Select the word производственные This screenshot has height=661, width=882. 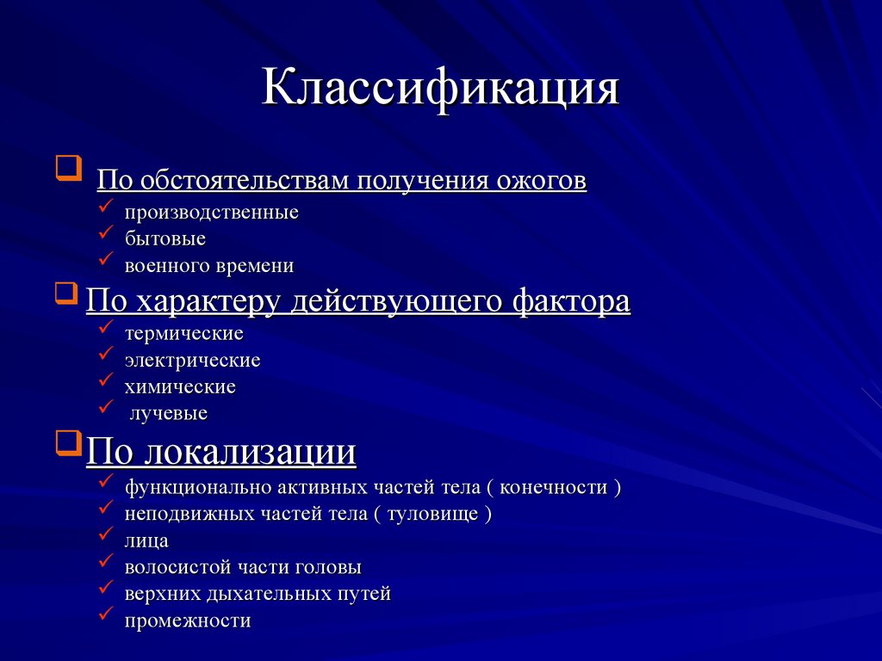click(211, 212)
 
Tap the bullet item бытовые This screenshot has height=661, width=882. click(165, 238)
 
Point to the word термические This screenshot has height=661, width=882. click(183, 333)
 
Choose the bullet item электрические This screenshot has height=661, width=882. click(192, 360)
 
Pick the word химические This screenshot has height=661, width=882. click(179, 387)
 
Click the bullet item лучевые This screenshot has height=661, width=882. click(169, 414)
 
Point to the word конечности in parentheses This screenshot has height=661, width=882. click(555, 487)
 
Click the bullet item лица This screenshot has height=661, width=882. click(146, 541)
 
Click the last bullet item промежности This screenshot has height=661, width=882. click(187, 621)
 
